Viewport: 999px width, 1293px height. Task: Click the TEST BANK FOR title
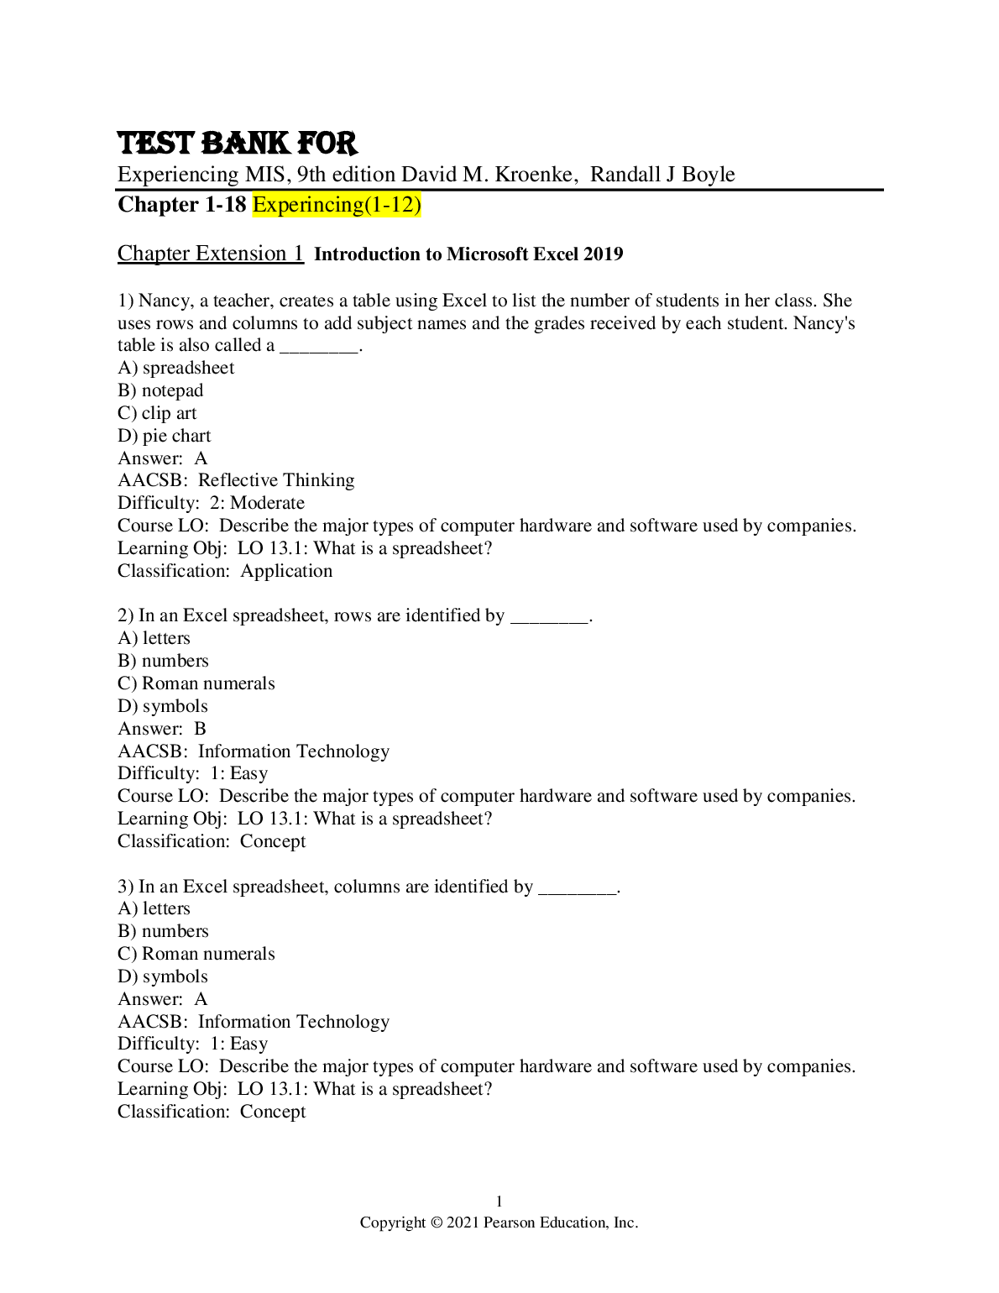point(237,144)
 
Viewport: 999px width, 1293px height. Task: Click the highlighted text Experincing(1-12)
point(336,204)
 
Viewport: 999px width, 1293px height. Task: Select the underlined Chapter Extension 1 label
point(210,254)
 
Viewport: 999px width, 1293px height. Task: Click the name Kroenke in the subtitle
point(534,175)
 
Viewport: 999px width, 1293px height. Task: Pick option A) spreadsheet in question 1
point(175,368)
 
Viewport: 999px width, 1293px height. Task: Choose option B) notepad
point(160,390)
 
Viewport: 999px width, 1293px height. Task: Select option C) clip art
point(157,413)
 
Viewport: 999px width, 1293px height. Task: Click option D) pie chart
point(164,436)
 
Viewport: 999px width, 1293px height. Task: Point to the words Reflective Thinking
point(276,480)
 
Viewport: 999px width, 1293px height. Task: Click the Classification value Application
point(286,571)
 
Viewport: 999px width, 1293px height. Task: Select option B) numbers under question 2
point(163,661)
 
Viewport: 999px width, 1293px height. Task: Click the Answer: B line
point(162,729)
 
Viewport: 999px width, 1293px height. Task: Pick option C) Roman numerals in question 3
point(196,954)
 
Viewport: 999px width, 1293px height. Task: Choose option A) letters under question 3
point(154,908)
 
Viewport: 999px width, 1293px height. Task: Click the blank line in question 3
point(577,888)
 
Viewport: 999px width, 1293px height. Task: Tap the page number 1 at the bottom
point(499,1201)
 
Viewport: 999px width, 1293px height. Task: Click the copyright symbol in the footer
point(436,1223)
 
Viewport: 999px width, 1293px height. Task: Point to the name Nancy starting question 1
point(160,301)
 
